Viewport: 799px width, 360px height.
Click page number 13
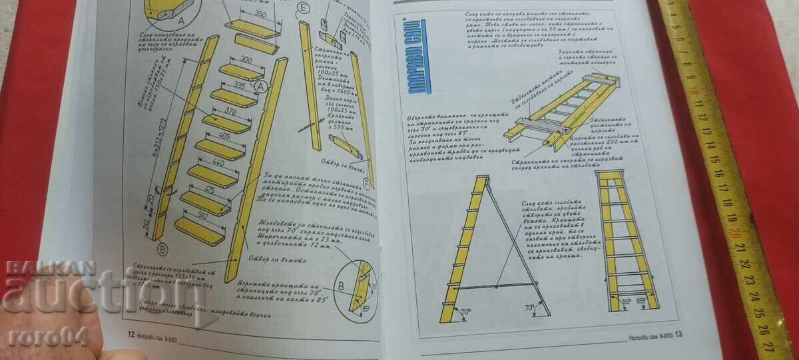678,334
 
